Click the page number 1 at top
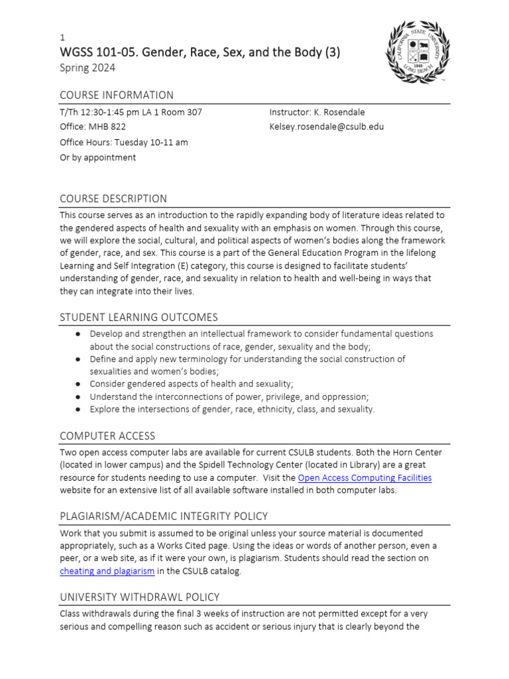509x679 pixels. [x=62, y=38]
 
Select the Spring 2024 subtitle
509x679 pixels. [x=87, y=68]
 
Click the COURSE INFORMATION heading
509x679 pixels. [x=117, y=95]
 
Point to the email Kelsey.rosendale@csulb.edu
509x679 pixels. [x=326, y=127]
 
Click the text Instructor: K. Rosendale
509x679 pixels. [x=317, y=112]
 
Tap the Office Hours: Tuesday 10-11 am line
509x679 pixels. [x=124, y=142]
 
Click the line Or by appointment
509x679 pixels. [x=97, y=157]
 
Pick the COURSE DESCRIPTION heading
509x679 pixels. [x=113, y=198]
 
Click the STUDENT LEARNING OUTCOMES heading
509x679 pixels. [x=139, y=317]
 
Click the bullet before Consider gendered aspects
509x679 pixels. [x=78, y=384]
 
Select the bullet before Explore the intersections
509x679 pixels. [x=78, y=409]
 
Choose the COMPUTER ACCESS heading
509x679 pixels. [x=107, y=436]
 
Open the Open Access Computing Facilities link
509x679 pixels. [x=365, y=477]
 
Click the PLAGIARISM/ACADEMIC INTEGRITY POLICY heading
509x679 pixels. [x=164, y=517]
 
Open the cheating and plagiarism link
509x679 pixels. [x=107, y=570]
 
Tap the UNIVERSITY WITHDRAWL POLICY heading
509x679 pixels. [x=140, y=597]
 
